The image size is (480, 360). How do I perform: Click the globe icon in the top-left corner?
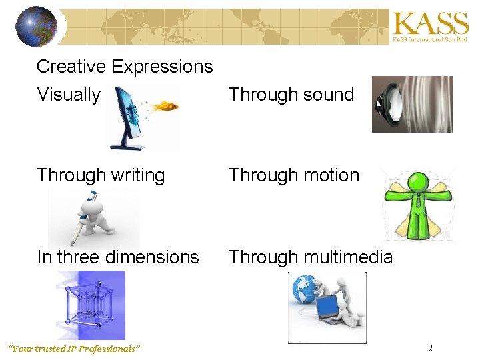tap(36, 27)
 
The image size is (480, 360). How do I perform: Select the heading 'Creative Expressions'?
tap(125, 67)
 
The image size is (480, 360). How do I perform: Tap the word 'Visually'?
tap(68, 95)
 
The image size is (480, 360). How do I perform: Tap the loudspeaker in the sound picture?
tap(387, 105)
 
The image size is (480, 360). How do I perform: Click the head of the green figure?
tap(418, 182)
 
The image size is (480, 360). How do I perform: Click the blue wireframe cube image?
tap(90, 305)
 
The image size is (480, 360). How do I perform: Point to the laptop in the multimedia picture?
tap(329, 308)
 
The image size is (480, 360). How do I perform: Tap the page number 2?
tap(430, 349)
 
